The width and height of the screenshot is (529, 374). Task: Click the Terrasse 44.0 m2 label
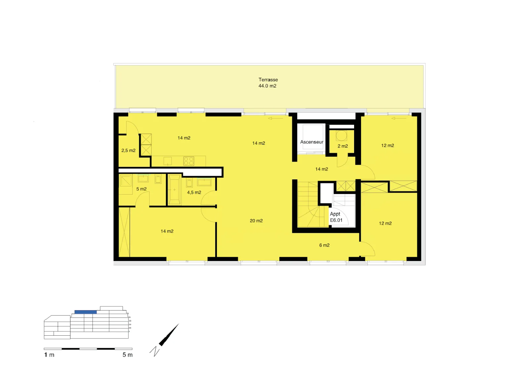pyautogui.click(x=268, y=83)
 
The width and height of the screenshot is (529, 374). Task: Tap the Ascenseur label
pyautogui.click(x=312, y=142)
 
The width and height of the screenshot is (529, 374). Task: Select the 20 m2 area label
pyautogui.click(x=256, y=221)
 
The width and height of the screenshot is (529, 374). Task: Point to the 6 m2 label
pyautogui.click(x=324, y=245)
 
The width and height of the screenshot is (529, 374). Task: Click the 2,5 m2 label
pyautogui.click(x=129, y=151)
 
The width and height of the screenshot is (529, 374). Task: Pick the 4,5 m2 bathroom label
pyautogui.click(x=194, y=193)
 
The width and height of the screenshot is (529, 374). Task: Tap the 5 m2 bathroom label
pyautogui.click(x=142, y=189)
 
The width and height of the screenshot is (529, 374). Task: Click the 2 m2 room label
pyautogui.click(x=343, y=146)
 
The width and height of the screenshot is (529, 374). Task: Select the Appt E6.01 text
pyautogui.click(x=336, y=217)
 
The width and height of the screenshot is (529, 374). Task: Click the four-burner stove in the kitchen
pyautogui.click(x=189, y=161)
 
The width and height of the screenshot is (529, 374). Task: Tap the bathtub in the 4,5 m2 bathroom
pyautogui.click(x=174, y=190)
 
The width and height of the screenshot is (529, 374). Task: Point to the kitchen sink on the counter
pyautogui.click(x=168, y=161)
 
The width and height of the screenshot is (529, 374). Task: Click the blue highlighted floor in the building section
pyautogui.click(x=86, y=312)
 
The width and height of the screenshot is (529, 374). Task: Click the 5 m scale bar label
pyautogui.click(x=128, y=355)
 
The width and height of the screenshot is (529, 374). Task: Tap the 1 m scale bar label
pyautogui.click(x=49, y=355)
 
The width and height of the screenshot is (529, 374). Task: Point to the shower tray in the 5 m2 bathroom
pyautogui.click(x=125, y=181)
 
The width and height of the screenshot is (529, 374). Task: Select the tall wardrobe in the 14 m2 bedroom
pyautogui.click(x=124, y=232)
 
